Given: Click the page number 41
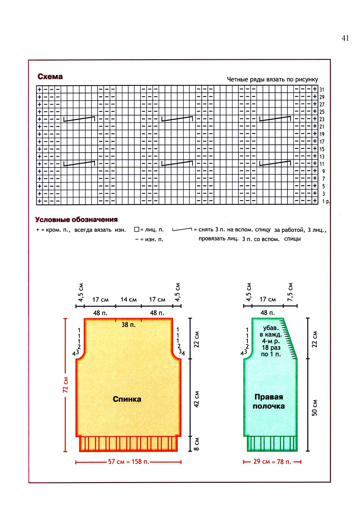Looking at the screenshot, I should pos(345,38).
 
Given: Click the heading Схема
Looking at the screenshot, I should pos(50,76).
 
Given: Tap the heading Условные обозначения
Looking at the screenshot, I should pos(76,220).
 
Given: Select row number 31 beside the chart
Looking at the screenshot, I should pos(322,89).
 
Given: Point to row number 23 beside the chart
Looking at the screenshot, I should pos(322,119).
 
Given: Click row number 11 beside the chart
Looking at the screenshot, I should pos(322,164).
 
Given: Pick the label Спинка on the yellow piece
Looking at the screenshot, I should pos(127,399).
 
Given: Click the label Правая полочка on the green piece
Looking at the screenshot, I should pos(269,401).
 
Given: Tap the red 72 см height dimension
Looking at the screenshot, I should pos(65,385).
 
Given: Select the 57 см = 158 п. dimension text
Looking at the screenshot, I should pos(128,462).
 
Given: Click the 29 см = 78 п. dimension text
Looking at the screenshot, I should pos(272,462).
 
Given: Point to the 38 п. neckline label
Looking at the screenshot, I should pos(128,325).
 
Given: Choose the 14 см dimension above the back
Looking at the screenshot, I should pos(128,299).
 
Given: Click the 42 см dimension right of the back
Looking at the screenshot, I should pos(196,399).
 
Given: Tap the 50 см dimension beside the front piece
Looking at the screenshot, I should pos(314,408).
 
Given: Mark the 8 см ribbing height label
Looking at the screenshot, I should pos(196,444).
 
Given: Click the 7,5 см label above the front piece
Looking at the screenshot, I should pos(290,292).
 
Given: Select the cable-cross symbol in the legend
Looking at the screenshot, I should pos(182,230).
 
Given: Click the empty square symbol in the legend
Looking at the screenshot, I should pos(137,230).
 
